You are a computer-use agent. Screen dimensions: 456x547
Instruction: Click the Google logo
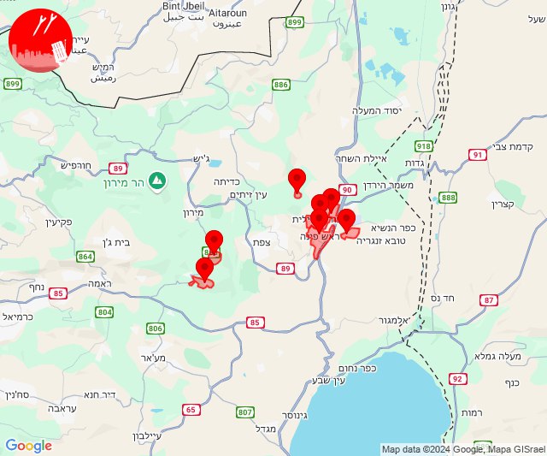click(x=29, y=445)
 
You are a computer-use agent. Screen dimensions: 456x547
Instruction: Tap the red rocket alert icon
click(x=40, y=41)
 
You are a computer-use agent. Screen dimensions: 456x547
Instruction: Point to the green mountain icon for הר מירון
click(x=156, y=181)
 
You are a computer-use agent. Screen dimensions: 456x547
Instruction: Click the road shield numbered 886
click(x=281, y=85)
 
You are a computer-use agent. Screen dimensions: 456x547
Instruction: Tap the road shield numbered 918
click(x=424, y=146)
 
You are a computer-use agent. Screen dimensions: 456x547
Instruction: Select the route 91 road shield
click(x=478, y=155)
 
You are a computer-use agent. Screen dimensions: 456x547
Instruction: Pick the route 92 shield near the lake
click(x=457, y=378)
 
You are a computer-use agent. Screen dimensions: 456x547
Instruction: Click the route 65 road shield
click(x=190, y=410)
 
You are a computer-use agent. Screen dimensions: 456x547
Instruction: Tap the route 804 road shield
click(x=104, y=312)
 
